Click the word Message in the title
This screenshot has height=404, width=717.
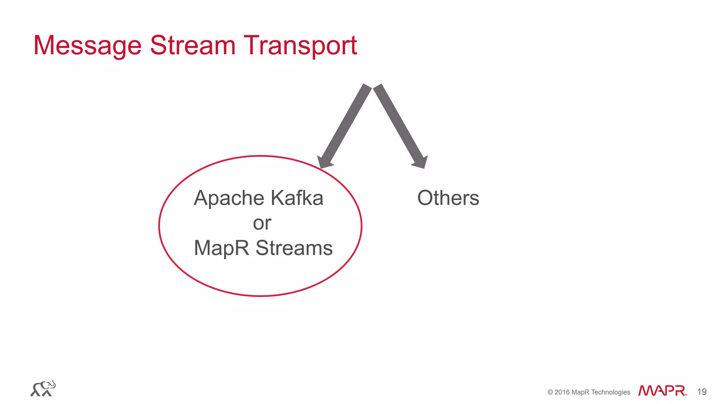(88, 46)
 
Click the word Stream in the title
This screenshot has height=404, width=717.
(193, 46)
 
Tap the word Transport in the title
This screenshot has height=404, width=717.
(300, 46)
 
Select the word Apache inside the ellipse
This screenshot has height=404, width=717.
(229, 198)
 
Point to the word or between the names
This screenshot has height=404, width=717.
(262, 223)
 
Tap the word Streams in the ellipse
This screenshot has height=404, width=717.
(294, 248)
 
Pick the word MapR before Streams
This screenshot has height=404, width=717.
(221, 248)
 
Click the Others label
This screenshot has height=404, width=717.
(448, 198)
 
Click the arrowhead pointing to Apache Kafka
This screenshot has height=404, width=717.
(324, 162)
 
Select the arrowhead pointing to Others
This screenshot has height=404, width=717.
(420, 162)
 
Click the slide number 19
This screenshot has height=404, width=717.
(702, 392)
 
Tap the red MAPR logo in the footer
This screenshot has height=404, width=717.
(662, 391)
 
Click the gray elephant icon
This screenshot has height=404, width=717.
(43, 389)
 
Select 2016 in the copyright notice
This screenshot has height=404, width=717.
(562, 392)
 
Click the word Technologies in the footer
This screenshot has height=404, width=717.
(611, 392)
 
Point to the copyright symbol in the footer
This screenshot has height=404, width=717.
(550, 392)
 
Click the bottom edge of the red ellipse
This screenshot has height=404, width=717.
(261, 296)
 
